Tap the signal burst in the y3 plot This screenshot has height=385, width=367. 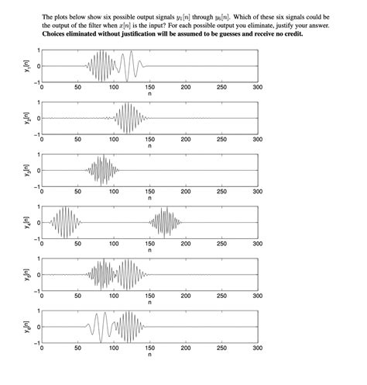click(101, 170)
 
